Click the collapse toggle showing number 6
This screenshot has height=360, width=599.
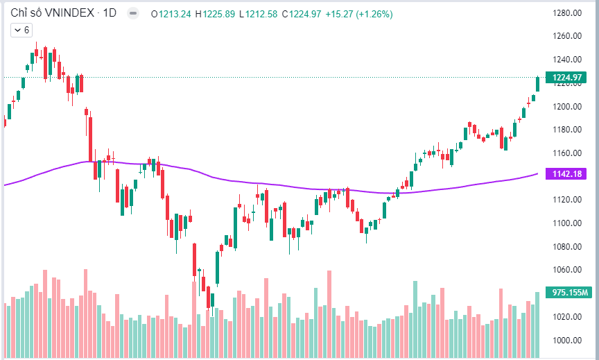pyautogui.click(x=21, y=30)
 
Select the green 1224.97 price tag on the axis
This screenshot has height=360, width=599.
pyautogui.click(x=566, y=78)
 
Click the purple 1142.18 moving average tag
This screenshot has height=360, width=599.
pyautogui.click(x=566, y=173)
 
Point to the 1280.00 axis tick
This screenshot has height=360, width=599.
pyautogui.click(x=566, y=12)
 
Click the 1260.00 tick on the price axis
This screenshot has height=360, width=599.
pyautogui.click(x=566, y=36)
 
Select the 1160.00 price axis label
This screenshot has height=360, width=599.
pyautogui.click(x=566, y=153)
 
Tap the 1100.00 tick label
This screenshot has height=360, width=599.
pyautogui.click(x=566, y=223)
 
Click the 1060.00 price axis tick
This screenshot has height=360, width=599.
pyautogui.click(x=566, y=270)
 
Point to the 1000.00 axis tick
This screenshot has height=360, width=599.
pyautogui.click(x=566, y=340)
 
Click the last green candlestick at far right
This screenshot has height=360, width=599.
pyautogui.click(x=537, y=84)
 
